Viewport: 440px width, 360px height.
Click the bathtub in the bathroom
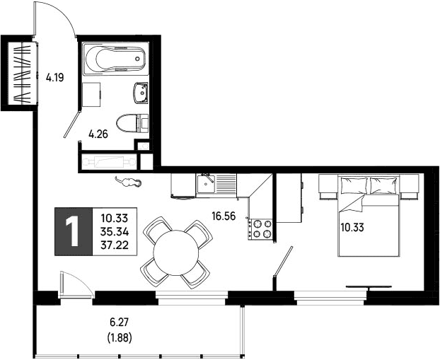(115, 59)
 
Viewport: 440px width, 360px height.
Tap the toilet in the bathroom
(132, 123)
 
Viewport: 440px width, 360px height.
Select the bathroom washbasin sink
(141, 93)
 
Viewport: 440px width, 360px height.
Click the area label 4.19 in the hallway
(55, 77)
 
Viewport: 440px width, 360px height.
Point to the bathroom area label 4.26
(98, 134)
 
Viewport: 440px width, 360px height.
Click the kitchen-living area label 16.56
(224, 216)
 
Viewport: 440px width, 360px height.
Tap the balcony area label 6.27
(120, 322)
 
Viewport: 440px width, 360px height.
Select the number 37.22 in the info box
(115, 245)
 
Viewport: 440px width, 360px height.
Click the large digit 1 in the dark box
(73, 232)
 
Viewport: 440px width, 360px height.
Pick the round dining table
(176, 252)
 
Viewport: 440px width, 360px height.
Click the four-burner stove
(260, 229)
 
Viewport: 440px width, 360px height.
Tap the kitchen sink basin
(206, 184)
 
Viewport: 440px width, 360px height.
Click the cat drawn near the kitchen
(128, 182)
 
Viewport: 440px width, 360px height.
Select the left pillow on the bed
(354, 185)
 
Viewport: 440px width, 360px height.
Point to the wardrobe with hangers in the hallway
(23, 74)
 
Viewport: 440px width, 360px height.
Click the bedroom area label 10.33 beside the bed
(352, 227)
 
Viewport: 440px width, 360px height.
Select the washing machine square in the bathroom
(91, 95)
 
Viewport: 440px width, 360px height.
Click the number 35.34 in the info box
(115, 232)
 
